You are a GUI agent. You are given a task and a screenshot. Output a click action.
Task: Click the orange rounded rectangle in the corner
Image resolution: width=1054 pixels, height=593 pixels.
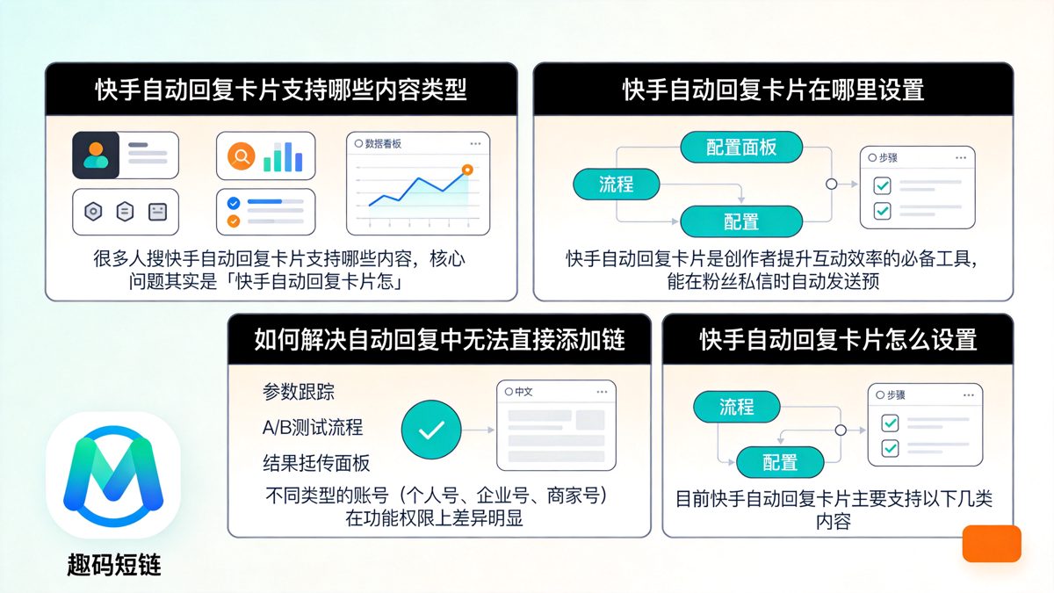coord(992,544)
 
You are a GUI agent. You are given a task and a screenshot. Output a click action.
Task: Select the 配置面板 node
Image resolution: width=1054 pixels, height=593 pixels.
coord(742,147)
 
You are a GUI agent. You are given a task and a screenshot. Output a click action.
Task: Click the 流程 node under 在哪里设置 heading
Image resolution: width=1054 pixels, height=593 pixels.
coord(617,184)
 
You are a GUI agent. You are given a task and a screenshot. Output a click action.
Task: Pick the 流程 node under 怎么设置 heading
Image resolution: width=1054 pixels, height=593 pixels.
coord(737,407)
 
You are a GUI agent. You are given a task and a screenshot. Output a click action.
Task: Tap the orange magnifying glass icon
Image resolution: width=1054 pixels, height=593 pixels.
coord(241,156)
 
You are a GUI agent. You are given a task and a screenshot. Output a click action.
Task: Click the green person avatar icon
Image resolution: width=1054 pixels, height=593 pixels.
coord(96,155)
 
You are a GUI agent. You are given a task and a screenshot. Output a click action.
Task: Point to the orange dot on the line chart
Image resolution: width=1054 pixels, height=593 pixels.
coord(467,169)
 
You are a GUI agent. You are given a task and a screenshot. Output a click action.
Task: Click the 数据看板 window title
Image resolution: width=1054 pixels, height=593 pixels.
coord(383,143)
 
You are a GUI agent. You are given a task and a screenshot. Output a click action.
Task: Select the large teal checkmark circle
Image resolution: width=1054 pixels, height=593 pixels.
coord(431,430)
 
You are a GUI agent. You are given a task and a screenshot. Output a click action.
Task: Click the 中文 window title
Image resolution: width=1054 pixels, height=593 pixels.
coord(523,392)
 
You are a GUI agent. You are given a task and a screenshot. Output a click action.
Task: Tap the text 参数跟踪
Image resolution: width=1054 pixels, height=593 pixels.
coord(299,392)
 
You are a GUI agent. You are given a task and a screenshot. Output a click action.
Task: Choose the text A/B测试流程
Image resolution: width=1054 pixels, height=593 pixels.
coord(312,428)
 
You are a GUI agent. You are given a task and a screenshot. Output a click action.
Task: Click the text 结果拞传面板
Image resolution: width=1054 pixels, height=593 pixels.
coord(316,463)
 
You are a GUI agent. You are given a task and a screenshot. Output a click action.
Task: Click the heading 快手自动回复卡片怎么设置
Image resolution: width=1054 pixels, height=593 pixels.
coord(838,340)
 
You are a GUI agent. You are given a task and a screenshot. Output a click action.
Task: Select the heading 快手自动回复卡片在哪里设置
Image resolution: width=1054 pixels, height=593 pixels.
coord(773,90)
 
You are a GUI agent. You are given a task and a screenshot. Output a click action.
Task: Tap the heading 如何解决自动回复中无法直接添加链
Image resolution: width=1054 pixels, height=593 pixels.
coord(439,340)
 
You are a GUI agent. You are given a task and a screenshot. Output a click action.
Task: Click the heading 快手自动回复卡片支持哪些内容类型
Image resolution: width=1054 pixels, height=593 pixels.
coord(281,90)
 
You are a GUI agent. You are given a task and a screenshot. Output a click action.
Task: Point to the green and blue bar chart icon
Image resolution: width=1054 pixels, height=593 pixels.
coord(283,156)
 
